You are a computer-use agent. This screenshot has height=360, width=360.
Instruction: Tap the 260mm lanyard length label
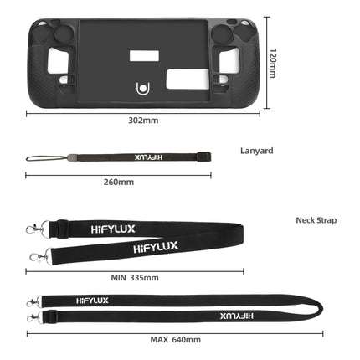click(x=118, y=181)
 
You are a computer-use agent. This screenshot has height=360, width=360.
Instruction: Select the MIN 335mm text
click(x=135, y=276)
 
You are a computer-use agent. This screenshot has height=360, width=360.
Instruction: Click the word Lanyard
click(x=256, y=152)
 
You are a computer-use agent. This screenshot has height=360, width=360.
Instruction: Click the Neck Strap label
click(x=316, y=220)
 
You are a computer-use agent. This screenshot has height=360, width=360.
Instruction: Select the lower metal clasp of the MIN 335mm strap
click(x=36, y=255)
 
